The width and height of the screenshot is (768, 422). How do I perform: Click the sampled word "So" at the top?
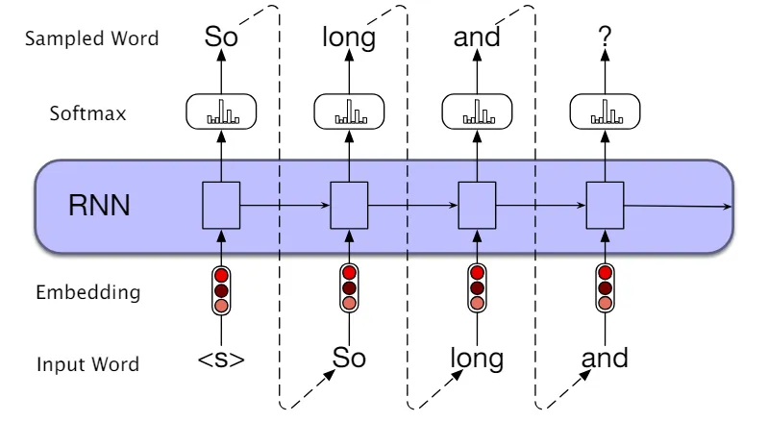221,37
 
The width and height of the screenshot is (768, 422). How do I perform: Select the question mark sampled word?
605,37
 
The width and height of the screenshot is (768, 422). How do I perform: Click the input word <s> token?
221,360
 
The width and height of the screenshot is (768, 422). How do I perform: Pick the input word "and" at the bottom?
605,358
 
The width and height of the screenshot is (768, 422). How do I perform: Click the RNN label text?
99,205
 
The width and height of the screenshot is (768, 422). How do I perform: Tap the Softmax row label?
87,113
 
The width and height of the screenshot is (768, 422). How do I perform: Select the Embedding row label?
88,292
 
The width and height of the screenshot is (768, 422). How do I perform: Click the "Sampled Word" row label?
92,38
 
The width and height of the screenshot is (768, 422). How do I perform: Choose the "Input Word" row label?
88,364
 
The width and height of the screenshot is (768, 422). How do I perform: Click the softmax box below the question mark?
605,112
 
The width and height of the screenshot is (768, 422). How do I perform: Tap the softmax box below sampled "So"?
221,112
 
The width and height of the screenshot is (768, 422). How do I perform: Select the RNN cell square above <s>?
221,205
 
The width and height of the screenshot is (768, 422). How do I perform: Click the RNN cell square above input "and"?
605,205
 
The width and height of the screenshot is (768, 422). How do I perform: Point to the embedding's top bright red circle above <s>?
221,275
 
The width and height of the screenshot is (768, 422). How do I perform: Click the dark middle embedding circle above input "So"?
349,287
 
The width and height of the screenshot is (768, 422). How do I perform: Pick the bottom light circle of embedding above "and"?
605,303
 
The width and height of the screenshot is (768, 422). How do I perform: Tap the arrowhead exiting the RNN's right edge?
728,207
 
